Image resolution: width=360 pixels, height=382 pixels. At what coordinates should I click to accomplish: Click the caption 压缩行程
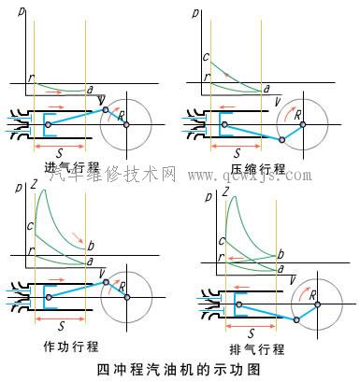pos(258,168)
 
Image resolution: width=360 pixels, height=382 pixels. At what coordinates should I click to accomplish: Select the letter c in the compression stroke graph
pos(206,56)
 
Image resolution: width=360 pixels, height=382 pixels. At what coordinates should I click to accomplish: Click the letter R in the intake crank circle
pos(121,116)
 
